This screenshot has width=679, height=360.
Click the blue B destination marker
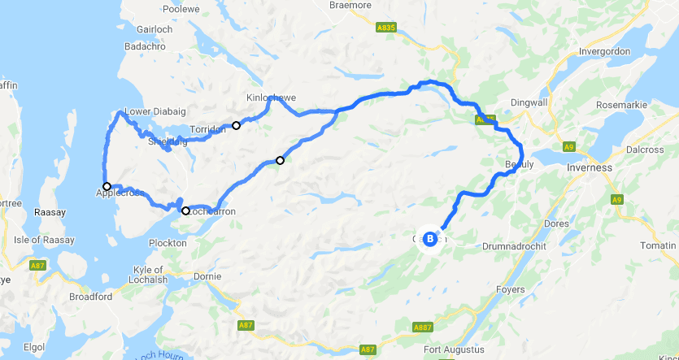[429, 238]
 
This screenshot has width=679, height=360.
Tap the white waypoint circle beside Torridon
[237, 125]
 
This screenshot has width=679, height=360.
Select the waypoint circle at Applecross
[107, 186]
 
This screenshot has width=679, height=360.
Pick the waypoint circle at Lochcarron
[185, 211]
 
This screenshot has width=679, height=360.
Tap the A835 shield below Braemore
[386, 27]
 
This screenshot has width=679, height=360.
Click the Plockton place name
[168, 243]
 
